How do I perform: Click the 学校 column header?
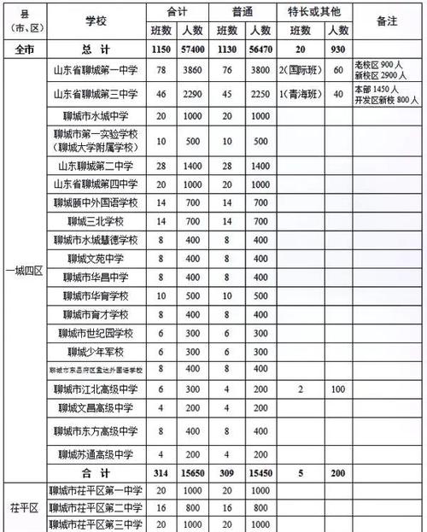coord(95,20)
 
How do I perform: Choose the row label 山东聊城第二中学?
coord(95,165)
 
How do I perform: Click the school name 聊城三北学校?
coord(95,220)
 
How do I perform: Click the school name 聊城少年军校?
coord(95,351)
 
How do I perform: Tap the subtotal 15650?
coord(198,472)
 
